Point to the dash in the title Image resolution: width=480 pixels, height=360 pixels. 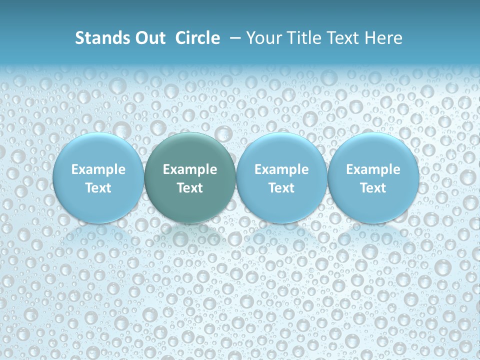pyautogui.click(x=233, y=38)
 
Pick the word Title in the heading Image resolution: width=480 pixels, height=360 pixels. pyautogui.click(x=302, y=38)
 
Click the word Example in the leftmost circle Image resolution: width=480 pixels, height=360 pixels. pyautogui.click(x=98, y=169)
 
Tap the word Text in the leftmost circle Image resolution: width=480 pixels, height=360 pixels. pyautogui.click(x=98, y=188)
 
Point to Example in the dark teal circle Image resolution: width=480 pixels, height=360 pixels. pyautogui.click(x=190, y=169)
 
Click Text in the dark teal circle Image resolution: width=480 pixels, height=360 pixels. pyautogui.click(x=190, y=188)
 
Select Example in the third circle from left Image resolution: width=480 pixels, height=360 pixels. pyautogui.click(x=281, y=169)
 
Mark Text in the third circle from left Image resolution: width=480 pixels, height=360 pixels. pyautogui.click(x=281, y=188)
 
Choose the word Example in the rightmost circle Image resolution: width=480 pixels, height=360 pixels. pyautogui.click(x=373, y=169)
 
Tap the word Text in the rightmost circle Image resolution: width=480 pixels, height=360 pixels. pyautogui.click(x=373, y=188)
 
